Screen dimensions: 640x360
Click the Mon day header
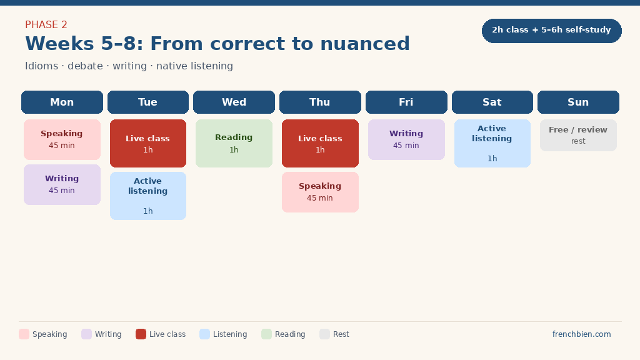(62, 102)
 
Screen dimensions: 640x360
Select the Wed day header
(234, 102)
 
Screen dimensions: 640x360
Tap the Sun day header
(578, 102)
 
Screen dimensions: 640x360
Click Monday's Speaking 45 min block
(62, 139)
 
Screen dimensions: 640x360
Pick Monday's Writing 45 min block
(62, 184)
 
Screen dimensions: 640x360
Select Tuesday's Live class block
(148, 143)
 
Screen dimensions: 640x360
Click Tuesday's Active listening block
(148, 196)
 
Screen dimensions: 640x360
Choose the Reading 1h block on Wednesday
(234, 143)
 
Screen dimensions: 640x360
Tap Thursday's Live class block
(321, 143)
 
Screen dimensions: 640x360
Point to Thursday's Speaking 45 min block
(321, 192)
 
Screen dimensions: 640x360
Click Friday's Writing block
(406, 139)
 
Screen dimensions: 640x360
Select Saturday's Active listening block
(492, 143)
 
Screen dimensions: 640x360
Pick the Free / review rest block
(578, 136)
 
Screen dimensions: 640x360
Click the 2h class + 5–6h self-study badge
(552, 31)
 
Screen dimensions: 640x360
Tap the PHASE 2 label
(46, 25)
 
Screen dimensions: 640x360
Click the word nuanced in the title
(365, 44)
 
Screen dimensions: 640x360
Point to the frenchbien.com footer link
(582, 334)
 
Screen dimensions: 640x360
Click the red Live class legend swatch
(141, 334)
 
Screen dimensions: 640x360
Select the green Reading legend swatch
(266, 334)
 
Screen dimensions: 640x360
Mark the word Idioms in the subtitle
(42, 66)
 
